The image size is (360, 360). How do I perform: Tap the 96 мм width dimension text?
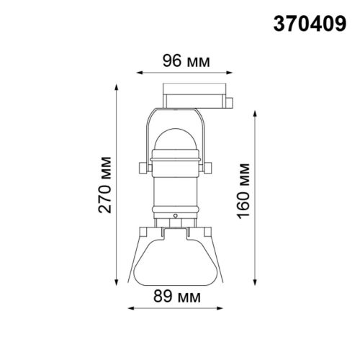tap(176, 62)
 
